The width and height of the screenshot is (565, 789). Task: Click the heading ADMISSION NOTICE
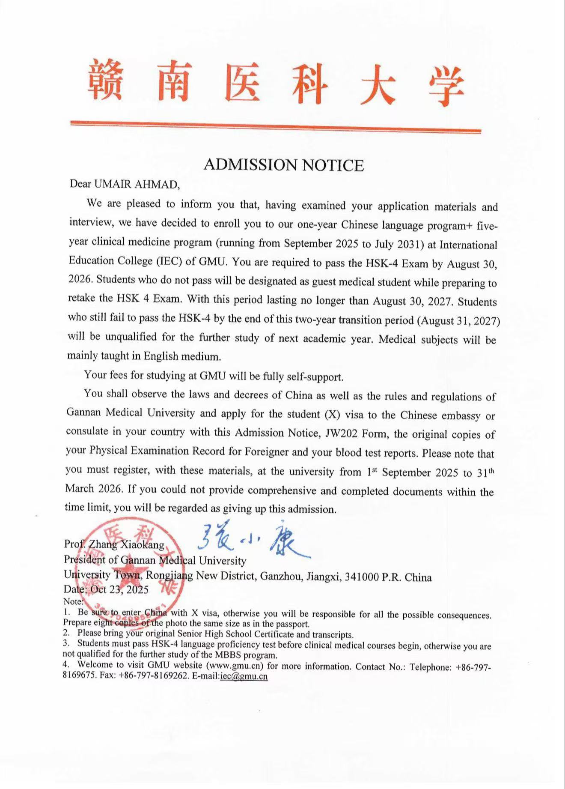coord(283,165)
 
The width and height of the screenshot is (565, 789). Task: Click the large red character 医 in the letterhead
coord(242,84)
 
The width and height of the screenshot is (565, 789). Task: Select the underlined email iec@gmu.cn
coord(244,676)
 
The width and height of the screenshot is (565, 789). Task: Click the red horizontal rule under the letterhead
coord(275,127)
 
